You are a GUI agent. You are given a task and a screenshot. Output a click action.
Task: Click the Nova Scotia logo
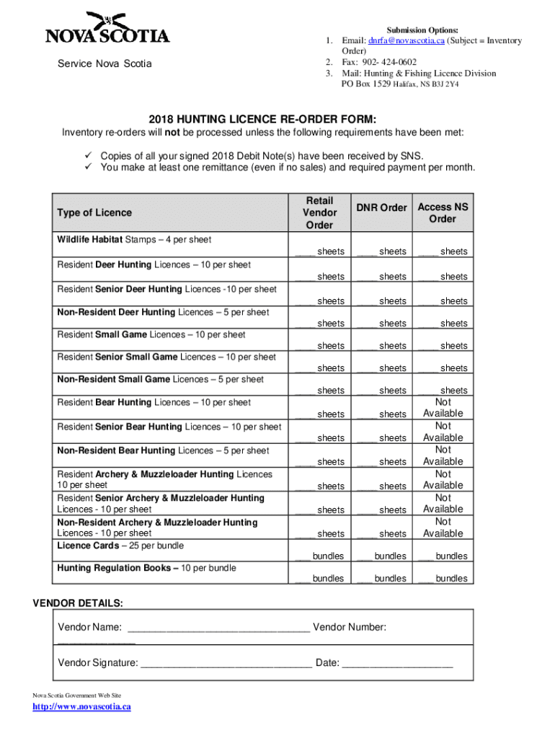coord(107,28)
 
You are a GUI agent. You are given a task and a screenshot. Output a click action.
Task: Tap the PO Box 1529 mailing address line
coord(399,84)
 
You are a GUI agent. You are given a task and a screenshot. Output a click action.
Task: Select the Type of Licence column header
coord(94,213)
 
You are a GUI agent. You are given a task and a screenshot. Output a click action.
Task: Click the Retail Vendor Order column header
coord(319,213)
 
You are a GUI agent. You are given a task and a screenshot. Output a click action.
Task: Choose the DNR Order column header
coord(383,208)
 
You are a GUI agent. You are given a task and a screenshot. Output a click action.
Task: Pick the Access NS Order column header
coord(443,213)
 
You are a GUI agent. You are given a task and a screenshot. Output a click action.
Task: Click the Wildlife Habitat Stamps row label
coord(134,239)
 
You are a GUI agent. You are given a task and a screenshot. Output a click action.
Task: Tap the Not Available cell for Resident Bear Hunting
coord(443,408)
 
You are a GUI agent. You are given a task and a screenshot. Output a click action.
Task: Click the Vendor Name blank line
coord(217,628)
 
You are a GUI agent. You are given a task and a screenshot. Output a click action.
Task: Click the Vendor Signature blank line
coord(226,664)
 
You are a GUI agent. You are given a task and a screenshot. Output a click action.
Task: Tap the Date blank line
coord(397,664)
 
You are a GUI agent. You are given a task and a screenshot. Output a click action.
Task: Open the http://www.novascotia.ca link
coord(82,707)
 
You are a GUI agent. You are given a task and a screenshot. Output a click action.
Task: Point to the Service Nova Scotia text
coord(105,63)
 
